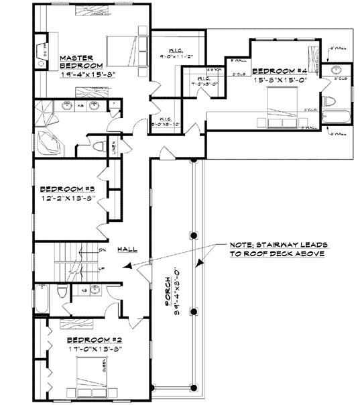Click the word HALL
[127, 249]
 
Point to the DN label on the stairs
[102, 249]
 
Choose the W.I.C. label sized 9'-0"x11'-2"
[172, 52]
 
